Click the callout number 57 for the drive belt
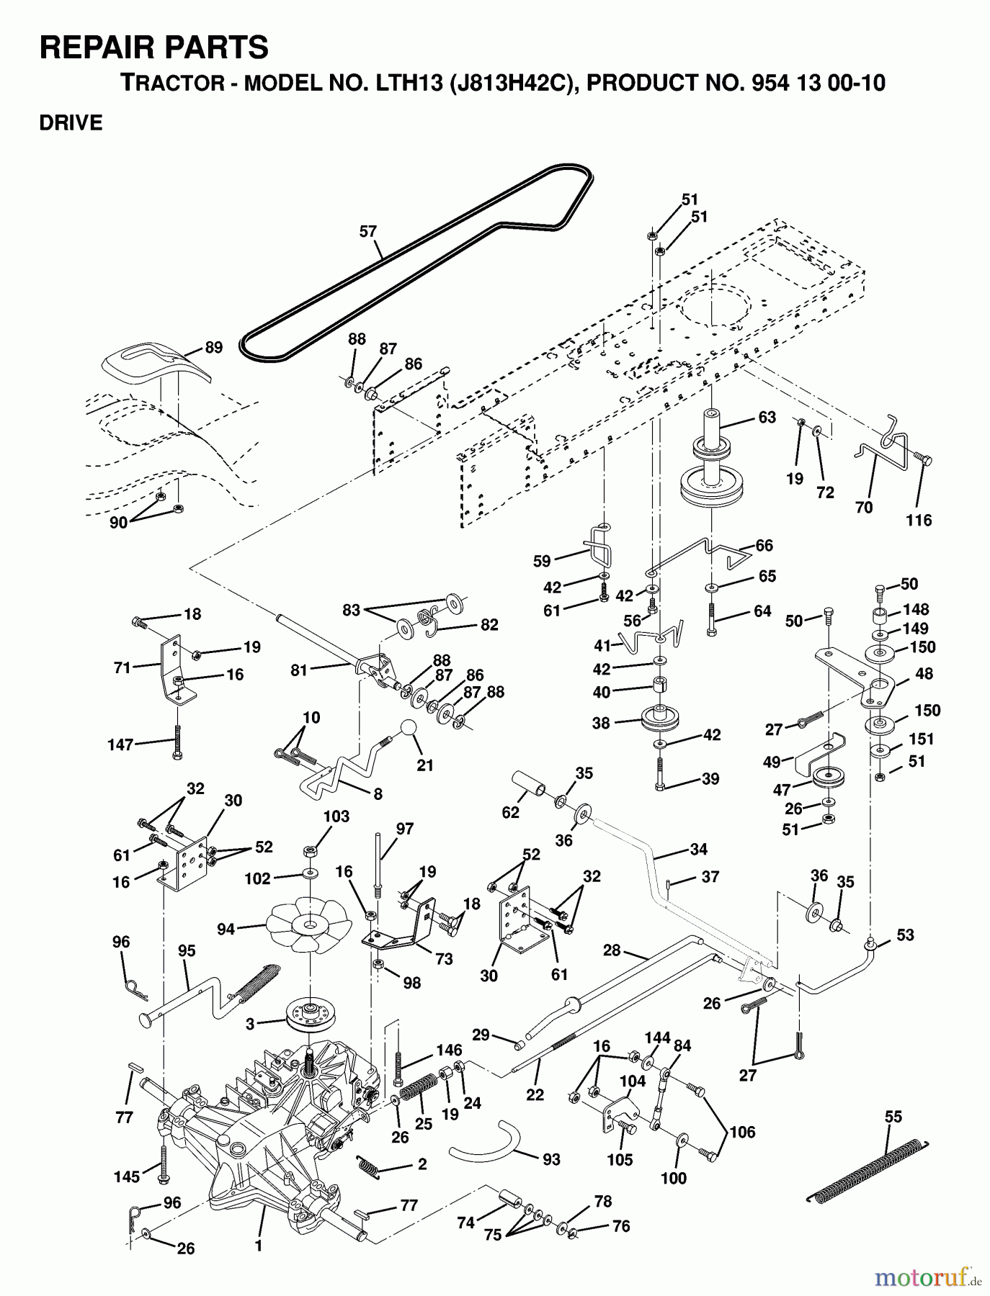tap(368, 231)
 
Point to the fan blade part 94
tap(309, 924)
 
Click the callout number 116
tap(919, 520)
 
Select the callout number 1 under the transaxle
tap(259, 1244)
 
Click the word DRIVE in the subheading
tap(71, 123)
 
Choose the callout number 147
tap(120, 744)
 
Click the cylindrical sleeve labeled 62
tap(528, 784)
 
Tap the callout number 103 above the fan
tap(336, 816)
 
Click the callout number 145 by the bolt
tap(127, 1176)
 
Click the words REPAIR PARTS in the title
tap(154, 48)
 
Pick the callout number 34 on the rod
tap(698, 850)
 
